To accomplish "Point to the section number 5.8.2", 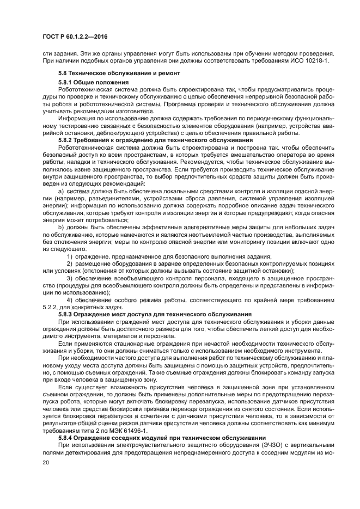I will click(67, 140).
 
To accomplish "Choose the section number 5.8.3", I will click(67, 314).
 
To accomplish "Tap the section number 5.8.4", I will click(67, 438).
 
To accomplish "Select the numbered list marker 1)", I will click(70, 256).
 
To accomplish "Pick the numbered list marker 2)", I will click(70, 263).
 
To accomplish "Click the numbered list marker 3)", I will click(70, 278).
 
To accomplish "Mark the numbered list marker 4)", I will click(70, 300).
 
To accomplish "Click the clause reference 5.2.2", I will click(51, 307).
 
